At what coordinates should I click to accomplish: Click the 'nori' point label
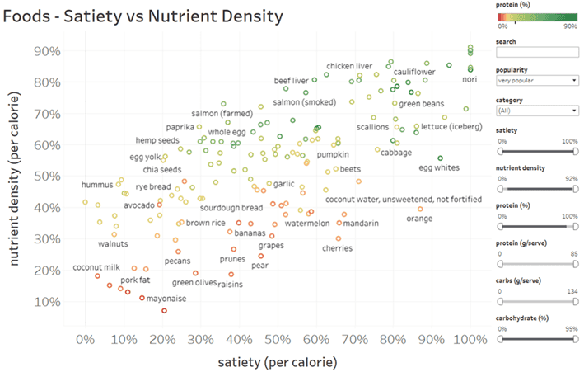click(x=470, y=80)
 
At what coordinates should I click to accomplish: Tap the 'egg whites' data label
click(x=441, y=168)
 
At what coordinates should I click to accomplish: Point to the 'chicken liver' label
click(x=349, y=66)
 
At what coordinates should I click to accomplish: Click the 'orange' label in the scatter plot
click(x=419, y=219)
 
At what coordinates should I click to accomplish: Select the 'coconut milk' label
click(x=97, y=267)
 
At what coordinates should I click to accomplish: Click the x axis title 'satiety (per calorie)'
click(x=278, y=361)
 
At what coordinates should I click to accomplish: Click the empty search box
click(x=537, y=53)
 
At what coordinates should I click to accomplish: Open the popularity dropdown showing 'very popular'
click(x=537, y=81)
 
